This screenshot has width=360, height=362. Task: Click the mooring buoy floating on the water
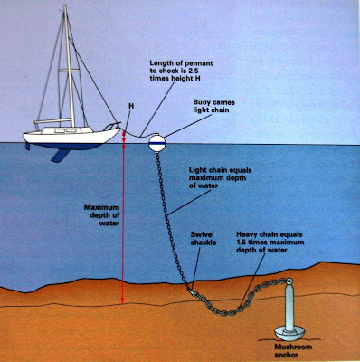157,143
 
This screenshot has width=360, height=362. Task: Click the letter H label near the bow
131,106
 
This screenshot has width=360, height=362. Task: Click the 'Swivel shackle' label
204,239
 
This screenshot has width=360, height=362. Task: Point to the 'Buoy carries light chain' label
213,106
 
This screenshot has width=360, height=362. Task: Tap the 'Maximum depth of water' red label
102,215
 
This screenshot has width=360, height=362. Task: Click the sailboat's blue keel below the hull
60,156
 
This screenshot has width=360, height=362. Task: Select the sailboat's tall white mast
69,66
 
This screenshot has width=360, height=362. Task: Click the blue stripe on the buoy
157,145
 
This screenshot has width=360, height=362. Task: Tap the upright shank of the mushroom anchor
289,307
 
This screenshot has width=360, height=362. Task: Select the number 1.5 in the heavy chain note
242,243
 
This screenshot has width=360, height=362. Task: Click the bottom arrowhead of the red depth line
122,300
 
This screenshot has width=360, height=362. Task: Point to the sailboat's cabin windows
66,130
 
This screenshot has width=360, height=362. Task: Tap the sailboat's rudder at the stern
28,146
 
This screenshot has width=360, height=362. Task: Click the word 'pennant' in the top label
200,63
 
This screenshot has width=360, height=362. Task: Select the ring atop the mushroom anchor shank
289,281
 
